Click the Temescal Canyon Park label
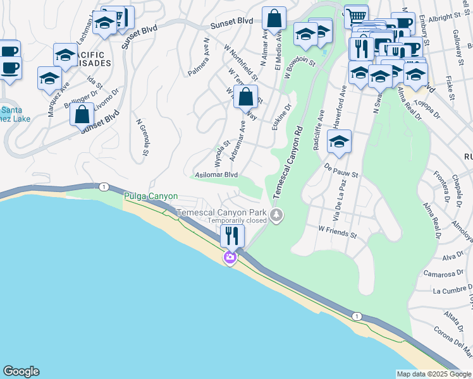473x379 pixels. pyautogui.click(x=221, y=212)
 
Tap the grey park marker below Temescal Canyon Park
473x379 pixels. pyautogui.click(x=276, y=216)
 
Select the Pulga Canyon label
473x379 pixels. pyautogui.click(x=150, y=196)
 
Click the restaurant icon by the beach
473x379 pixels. pyautogui.click(x=232, y=236)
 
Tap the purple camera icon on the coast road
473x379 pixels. pyautogui.click(x=230, y=258)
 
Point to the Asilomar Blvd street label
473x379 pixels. pyautogui.click(x=216, y=174)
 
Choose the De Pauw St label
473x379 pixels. pyautogui.click(x=341, y=171)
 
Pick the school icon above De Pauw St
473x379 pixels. pyautogui.click(x=339, y=143)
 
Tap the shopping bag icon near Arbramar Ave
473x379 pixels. pyautogui.click(x=245, y=98)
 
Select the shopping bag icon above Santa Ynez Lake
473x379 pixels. pyautogui.click(x=82, y=115)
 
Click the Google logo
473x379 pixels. pyautogui.click(x=21, y=371)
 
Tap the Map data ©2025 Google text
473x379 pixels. pyautogui.click(x=434, y=374)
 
